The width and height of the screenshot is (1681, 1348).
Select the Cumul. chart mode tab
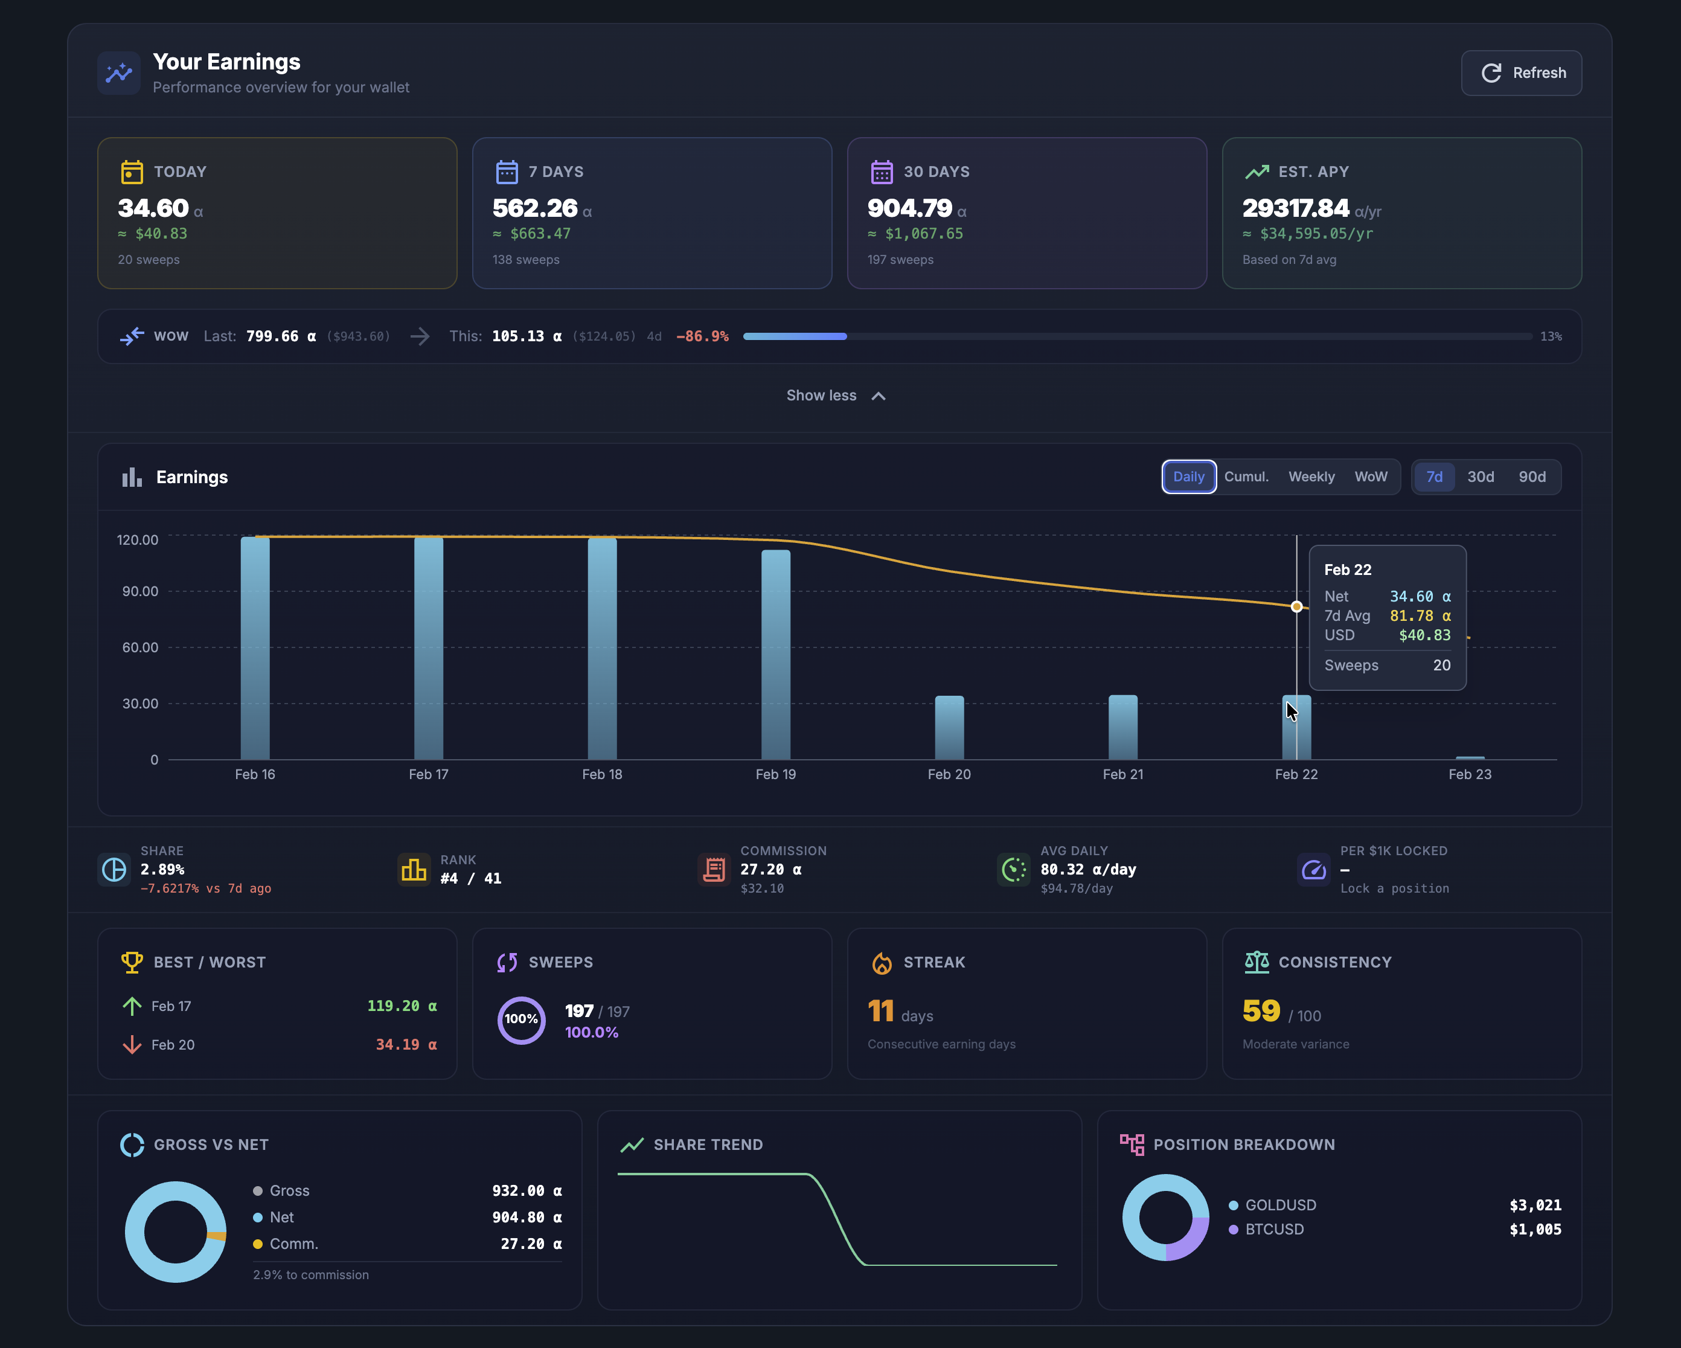point(1246,477)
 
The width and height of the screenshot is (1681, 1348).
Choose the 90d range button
point(1531,477)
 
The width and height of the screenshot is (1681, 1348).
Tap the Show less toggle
point(835,395)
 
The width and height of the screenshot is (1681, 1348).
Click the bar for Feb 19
point(775,655)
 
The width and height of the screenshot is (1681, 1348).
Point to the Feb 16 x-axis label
point(255,774)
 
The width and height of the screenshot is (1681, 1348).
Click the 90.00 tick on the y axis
point(139,591)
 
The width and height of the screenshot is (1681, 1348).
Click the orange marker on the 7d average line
point(1296,606)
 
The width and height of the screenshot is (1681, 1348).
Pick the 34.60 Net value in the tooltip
point(1410,597)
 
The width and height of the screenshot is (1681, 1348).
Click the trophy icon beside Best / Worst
point(132,962)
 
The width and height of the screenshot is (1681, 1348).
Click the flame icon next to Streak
point(881,963)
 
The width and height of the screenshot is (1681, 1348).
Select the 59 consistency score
point(1261,1011)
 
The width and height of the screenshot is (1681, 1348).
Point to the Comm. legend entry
point(293,1244)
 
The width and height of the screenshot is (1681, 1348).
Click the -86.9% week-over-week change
point(702,336)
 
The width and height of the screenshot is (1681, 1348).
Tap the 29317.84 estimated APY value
point(1295,208)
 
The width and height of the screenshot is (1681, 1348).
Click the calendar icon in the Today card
point(132,172)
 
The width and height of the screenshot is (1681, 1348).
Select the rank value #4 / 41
point(470,879)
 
